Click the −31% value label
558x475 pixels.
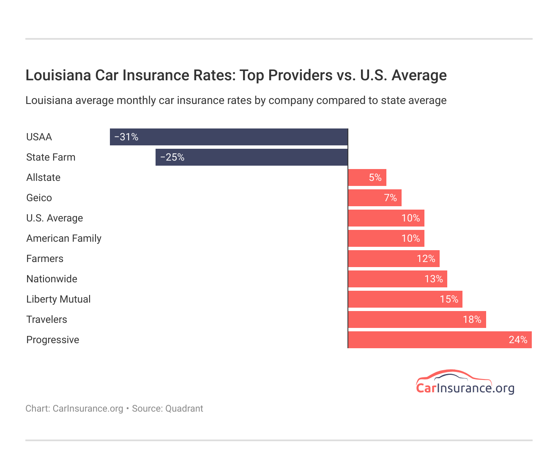click(x=126, y=137)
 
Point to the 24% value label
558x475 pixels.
click(x=518, y=340)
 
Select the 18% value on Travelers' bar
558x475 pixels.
click(x=472, y=319)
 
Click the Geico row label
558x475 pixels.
click(x=39, y=198)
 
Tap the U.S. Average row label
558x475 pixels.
click(x=55, y=218)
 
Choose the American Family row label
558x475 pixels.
click(x=64, y=238)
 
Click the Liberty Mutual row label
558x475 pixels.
click(x=58, y=299)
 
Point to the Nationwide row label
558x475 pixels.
click(x=52, y=279)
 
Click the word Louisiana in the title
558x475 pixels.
click(x=58, y=75)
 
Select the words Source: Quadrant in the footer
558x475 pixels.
click(x=167, y=409)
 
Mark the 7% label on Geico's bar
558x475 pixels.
click(x=390, y=198)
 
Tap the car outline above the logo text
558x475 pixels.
click(x=453, y=376)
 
